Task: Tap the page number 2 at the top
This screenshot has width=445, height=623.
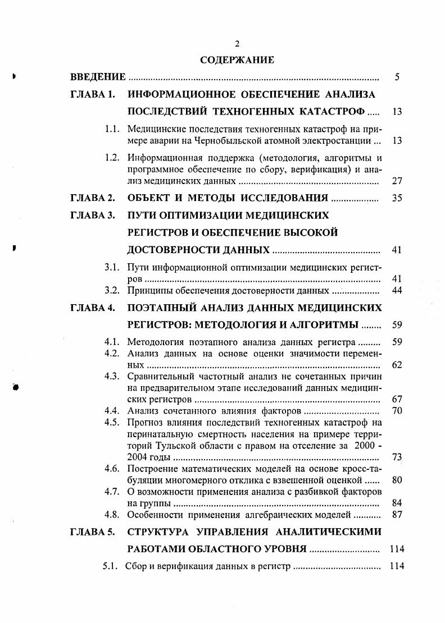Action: coord(237,44)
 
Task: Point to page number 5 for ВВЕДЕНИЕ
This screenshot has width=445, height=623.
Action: coord(397,77)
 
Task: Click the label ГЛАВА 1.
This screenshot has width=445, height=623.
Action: coord(92,94)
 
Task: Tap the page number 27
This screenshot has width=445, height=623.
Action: coord(397,181)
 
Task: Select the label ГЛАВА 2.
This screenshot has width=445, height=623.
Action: coord(92,198)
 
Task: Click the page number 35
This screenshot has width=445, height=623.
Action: coord(397,199)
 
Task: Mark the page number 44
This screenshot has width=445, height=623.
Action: coord(397,291)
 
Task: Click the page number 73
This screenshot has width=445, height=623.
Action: coord(397,457)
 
